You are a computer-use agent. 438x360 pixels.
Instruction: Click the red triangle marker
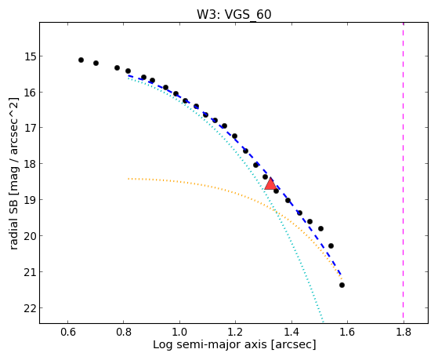[270, 184]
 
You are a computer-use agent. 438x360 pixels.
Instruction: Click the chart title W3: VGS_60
[234, 14]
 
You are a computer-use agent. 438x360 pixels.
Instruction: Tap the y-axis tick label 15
[31, 56]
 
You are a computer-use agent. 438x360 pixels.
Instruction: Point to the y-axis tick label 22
[31, 308]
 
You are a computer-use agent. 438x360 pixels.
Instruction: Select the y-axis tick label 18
[31, 164]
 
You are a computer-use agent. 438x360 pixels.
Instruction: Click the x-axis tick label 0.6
[67, 332]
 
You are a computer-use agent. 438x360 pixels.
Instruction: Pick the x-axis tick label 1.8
[404, 332]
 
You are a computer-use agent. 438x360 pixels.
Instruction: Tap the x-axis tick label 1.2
[236, 332]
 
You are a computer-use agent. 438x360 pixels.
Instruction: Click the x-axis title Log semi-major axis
[210, 345]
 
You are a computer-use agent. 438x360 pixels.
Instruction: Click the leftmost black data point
[81, 60]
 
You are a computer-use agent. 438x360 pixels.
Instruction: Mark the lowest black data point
[342, 285]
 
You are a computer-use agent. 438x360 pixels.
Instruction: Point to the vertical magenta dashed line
[403, 173]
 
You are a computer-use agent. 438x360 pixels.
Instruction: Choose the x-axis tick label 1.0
[179, 332]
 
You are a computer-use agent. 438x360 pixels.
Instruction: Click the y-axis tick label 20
[31, 236]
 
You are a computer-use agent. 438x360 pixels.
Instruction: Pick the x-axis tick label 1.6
[347, 332]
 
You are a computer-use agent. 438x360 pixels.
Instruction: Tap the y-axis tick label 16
[31, 92]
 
